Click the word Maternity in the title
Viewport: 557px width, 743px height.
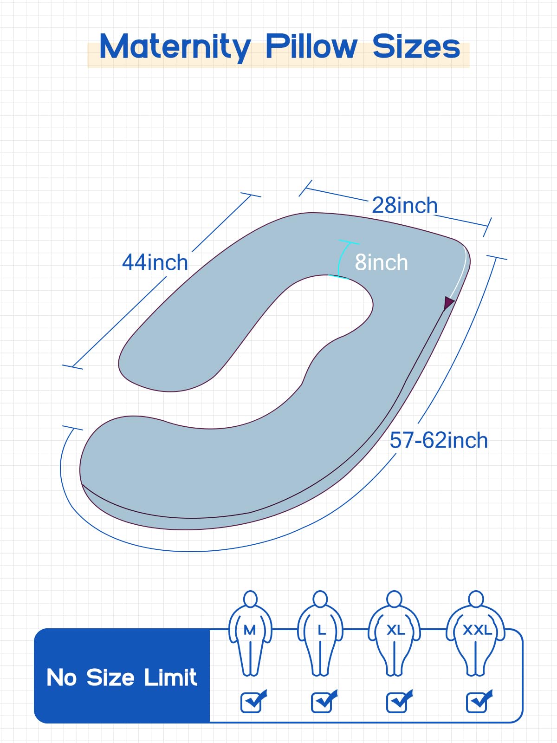tap(175, 47)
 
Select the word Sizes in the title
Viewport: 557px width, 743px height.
tap(416, 47)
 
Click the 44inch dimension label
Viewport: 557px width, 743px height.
tap(155, 262)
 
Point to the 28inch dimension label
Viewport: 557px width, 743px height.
tap(404, 205)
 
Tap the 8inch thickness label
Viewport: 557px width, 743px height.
tap(381, 262)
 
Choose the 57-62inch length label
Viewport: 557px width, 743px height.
tap(439, 440)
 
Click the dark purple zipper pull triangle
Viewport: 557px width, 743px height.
tap(448, 303)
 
